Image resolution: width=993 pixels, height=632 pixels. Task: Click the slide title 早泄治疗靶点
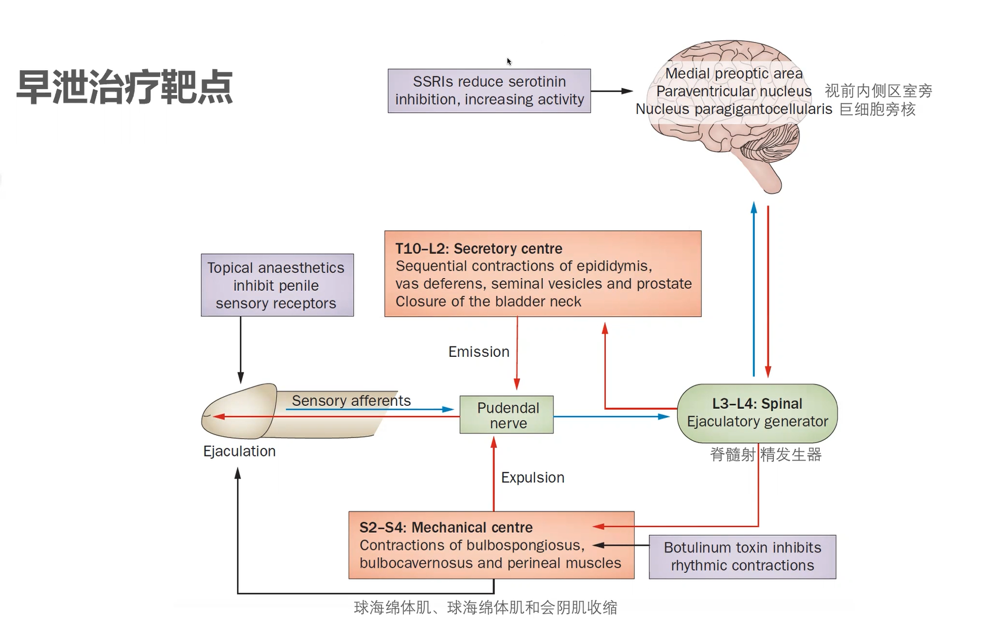(x=124, y=87)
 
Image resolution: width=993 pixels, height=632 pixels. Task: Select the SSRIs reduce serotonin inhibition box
(x=489, y=91)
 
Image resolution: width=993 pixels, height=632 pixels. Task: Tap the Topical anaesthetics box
(x=277, y=285)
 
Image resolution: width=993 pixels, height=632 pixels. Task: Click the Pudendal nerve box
(x=506, y=414)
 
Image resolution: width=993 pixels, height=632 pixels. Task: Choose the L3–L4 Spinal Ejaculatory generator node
(x=757, y=413)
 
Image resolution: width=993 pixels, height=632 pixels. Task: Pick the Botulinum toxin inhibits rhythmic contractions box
(x=742, y=557)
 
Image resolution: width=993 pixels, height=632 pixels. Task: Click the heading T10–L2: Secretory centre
(x=479, y=249)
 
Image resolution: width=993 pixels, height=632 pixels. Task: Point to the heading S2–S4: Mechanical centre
(x=446, y=527)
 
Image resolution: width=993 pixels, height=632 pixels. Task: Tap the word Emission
(x=479, y=352)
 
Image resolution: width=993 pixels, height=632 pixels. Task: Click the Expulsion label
(x=533, y=477)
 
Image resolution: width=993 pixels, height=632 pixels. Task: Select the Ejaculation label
(x=239, y=451)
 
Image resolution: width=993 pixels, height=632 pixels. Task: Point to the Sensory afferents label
(x=351, y=401)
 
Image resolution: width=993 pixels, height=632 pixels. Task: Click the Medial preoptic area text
(x=734, y=74)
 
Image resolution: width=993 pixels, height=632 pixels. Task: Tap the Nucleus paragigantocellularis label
(x=734, y=109)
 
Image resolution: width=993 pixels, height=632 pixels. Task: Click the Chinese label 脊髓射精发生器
(x=766, y=455)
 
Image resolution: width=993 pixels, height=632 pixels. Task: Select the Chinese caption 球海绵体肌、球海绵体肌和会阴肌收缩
(x=485, y=607)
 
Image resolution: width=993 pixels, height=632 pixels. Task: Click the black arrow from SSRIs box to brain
(x=612, y=91)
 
